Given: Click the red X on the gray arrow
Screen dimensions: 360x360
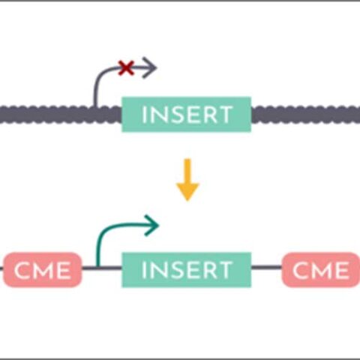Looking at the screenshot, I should [127, 69].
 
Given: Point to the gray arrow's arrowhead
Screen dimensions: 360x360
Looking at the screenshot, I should [150, 69].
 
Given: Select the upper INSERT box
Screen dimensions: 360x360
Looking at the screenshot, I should [186, 115].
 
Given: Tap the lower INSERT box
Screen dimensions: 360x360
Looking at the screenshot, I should [186, 269].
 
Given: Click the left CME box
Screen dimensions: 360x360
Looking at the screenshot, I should [43, 269].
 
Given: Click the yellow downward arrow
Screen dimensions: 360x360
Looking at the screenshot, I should [187, 184].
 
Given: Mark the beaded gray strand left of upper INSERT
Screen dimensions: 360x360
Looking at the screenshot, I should [60, 115].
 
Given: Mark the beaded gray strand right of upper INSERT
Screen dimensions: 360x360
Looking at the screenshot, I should [304, 115].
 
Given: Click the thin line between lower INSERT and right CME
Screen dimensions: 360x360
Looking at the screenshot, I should [266, 268].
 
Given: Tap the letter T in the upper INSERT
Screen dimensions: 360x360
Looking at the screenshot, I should [225, 115].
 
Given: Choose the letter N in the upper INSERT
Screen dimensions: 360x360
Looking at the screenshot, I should [157, 115].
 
